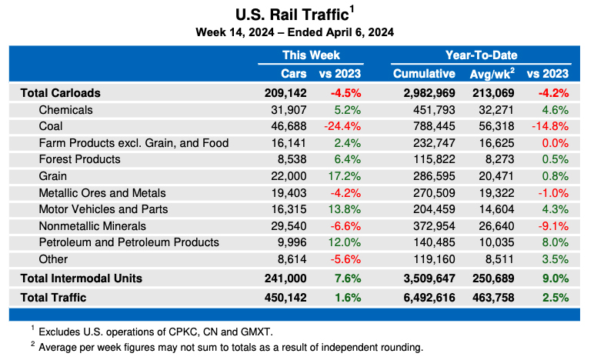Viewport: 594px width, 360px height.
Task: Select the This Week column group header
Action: click(x=311, y=55)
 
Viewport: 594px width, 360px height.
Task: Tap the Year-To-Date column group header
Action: click(x=481, y=55)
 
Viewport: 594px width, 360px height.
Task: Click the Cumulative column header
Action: click(x=424, y=74)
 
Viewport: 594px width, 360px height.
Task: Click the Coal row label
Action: click(x=51, y=126)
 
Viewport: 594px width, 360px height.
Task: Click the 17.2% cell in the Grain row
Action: click(x=345, y=176)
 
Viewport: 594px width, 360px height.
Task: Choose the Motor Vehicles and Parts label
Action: click(x=103, y=209)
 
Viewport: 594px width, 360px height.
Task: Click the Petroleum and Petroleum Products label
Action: click(x=128, y=242)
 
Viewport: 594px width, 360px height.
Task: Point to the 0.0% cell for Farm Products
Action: click(x=555, y=143)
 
